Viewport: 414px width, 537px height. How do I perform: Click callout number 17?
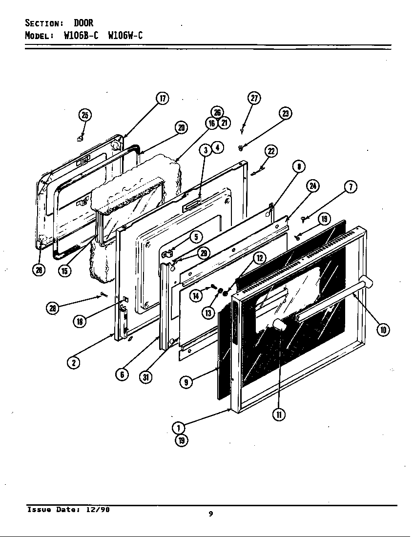click(x=162, y=98)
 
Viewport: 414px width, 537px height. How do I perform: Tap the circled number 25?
click(x=85, y=115)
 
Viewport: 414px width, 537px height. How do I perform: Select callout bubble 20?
click(x=181, y=128)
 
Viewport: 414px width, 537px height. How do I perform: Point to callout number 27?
click(x=254, y=98)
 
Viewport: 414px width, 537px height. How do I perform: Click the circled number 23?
click(x=285, y=113)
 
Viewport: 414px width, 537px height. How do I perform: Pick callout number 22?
click(x=271, y=151)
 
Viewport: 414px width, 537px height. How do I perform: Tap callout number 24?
click(x=313, y=186)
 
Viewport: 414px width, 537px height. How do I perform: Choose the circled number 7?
click(x=350, y=186)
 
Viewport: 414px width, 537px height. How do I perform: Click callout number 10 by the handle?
click(x=383, y=330)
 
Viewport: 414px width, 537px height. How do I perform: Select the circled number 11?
click(x=278, y=414)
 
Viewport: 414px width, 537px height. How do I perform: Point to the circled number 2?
click(x=73, y=362)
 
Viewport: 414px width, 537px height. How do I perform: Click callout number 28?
click(x=52, y=308)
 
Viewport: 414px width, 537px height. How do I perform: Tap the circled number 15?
click(x=64, y=271)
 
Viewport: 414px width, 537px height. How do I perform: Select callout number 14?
click(x=196, y=295)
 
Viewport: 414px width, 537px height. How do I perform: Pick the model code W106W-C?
click(x=125, y=36)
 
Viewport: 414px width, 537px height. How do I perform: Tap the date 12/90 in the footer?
click(x=99, y=509)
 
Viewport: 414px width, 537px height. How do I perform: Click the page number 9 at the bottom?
click(x=210, y=513)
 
